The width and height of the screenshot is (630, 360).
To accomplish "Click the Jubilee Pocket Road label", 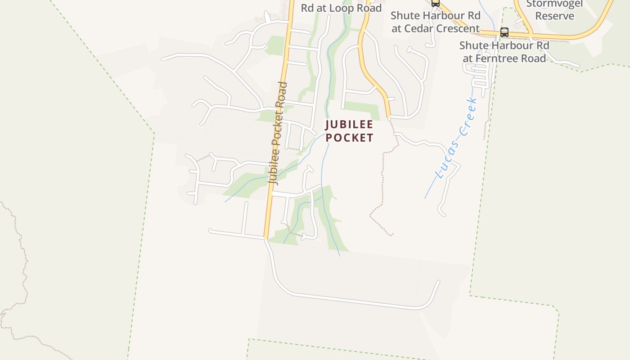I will [277, 133].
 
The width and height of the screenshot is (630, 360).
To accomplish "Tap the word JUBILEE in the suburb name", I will [349, 125].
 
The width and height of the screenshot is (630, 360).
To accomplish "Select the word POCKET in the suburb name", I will [349, 138].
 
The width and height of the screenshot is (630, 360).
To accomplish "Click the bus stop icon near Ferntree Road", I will [504, 32].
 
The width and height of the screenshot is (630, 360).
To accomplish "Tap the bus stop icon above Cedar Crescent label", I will [435, 3].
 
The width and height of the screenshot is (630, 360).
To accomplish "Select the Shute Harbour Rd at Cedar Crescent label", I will [435, 22].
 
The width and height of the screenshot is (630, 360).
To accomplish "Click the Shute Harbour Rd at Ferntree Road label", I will [504, 52].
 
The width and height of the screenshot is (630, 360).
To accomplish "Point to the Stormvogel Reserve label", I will [554, 10].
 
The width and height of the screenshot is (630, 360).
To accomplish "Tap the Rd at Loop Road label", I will [341, 8].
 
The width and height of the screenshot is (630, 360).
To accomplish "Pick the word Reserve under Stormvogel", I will [554, 16].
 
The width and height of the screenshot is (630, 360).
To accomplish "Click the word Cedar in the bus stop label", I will [416, 28].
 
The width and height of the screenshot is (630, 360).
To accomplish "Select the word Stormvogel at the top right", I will [554, 4].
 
